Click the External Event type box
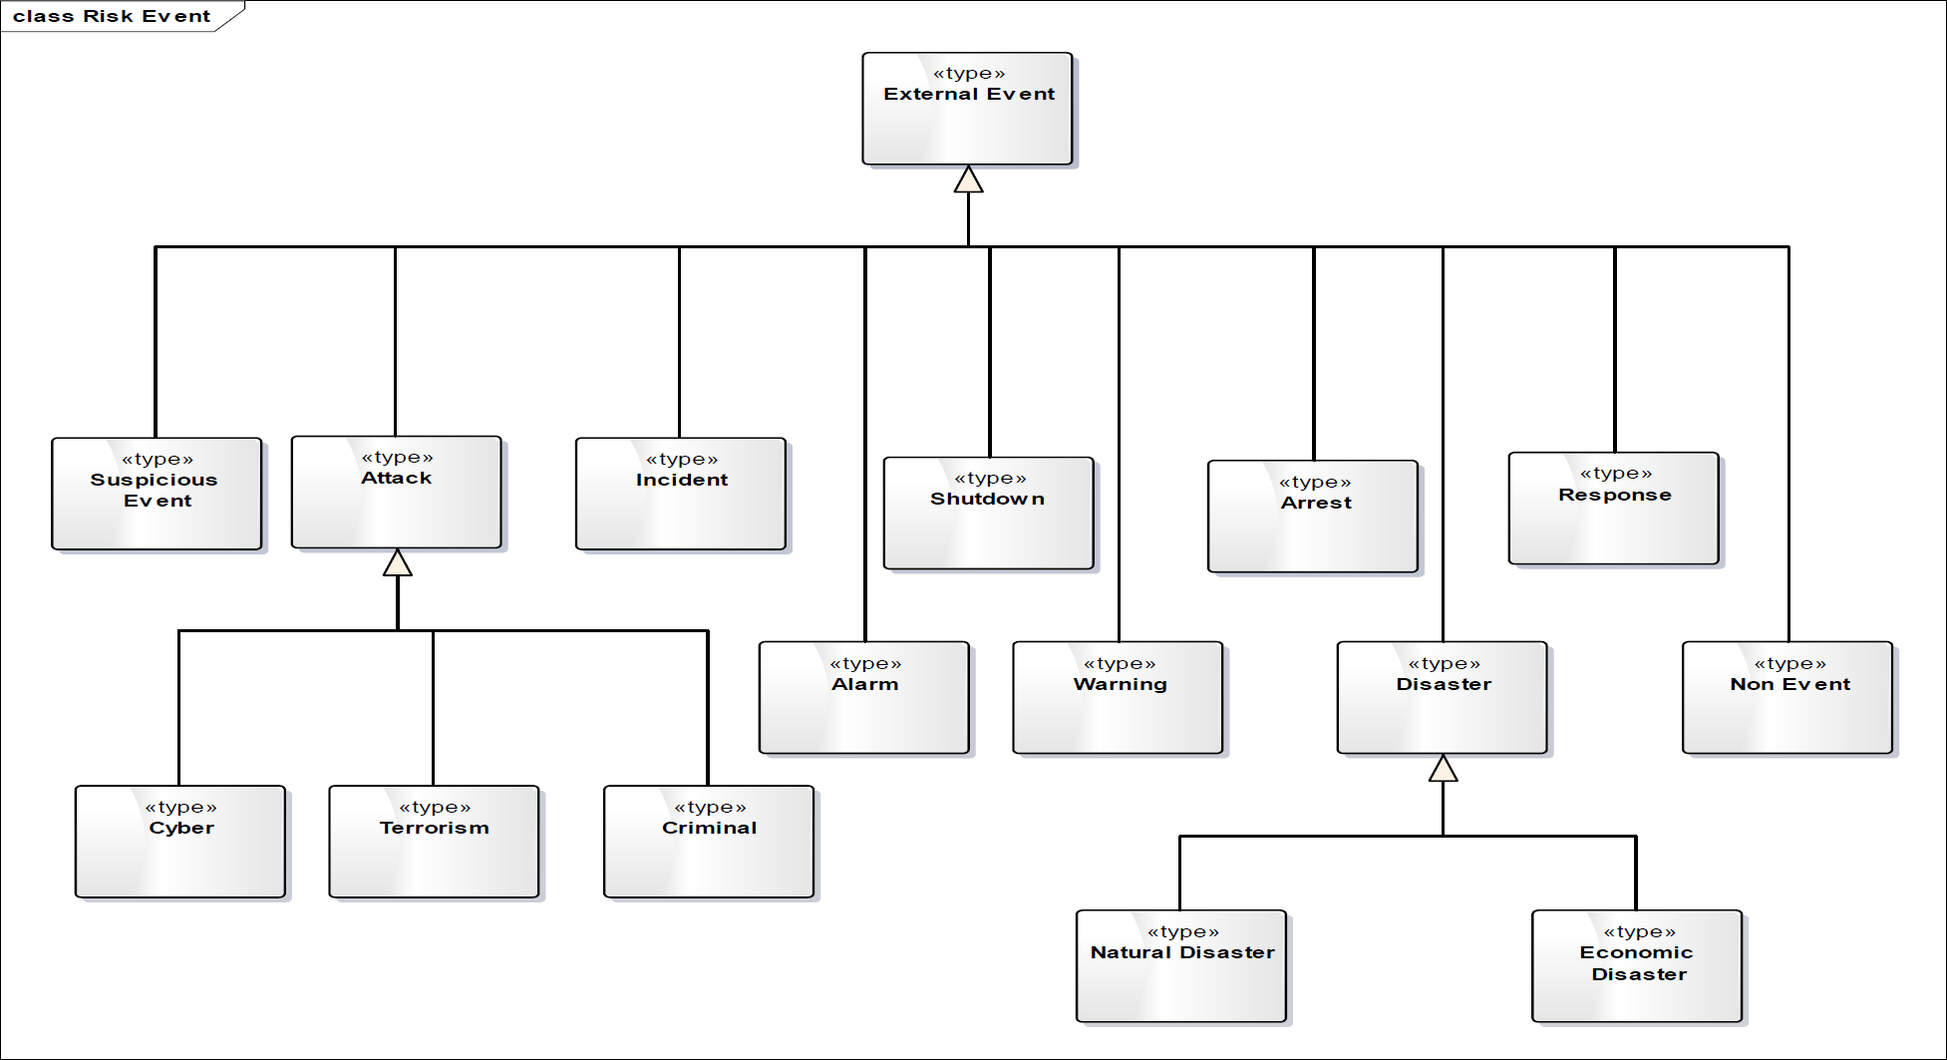point(967,109)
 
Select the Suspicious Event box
point(157,494)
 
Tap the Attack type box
point(397,492)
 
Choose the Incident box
point(681,494)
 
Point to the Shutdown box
point(989,513)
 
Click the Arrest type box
point(1313,517)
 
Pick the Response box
point(1614,509)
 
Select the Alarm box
point(864,697)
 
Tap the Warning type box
point(1118,697)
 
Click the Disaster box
point(1443,697)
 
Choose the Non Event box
point(1787,697)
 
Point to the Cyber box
point(180,842)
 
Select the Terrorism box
point(434,842)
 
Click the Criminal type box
point(709,842)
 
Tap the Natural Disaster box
point(1181,965)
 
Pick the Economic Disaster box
point(1637,965)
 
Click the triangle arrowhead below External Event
point(968,179)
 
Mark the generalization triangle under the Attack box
point(398,562)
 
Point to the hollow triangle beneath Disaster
point(1443,768)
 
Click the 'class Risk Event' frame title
point(112,16)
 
